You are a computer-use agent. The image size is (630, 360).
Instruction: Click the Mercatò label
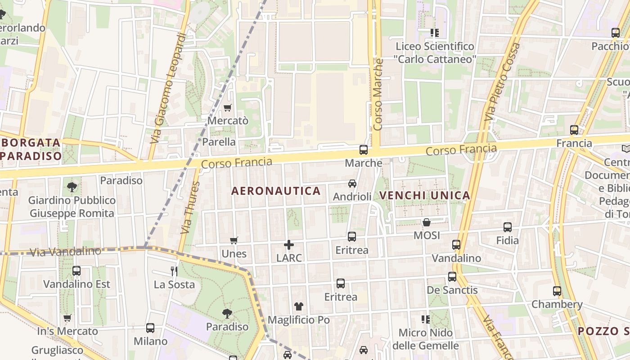(x=228, y=121)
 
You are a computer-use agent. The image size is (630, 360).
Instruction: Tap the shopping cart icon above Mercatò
(x=227, y=108)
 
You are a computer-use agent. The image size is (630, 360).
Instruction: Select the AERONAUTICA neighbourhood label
(x=276, y=191)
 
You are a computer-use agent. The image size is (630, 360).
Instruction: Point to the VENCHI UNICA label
(x=425, y=195)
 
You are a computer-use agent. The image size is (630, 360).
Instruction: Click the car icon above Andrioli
(x=352, y=184)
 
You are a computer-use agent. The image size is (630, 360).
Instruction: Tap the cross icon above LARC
(x=289, y=245)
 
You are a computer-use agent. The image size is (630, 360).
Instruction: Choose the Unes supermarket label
(x=234, y=254)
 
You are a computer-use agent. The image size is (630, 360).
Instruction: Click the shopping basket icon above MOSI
(x=426, y=222)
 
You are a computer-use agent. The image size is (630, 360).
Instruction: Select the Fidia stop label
(x=508, y=240)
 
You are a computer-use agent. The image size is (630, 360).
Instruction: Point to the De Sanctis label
(x=452, y=290)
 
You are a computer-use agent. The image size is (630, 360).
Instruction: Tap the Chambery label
(x=557, y=304)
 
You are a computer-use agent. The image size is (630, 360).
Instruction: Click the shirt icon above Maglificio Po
(x=299, y=307)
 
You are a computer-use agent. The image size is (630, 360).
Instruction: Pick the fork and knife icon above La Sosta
(x=174, y=271)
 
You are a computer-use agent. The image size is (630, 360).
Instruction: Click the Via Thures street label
(x=189, y=207)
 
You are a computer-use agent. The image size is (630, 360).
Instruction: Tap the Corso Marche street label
(x=378, y=94)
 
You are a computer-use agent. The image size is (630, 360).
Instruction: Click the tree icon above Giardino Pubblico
(x=72, y=187)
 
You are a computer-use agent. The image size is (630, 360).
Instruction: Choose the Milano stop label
(x=150, y=341)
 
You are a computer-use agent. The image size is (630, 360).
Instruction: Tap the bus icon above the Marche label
(x=363, y=150)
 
